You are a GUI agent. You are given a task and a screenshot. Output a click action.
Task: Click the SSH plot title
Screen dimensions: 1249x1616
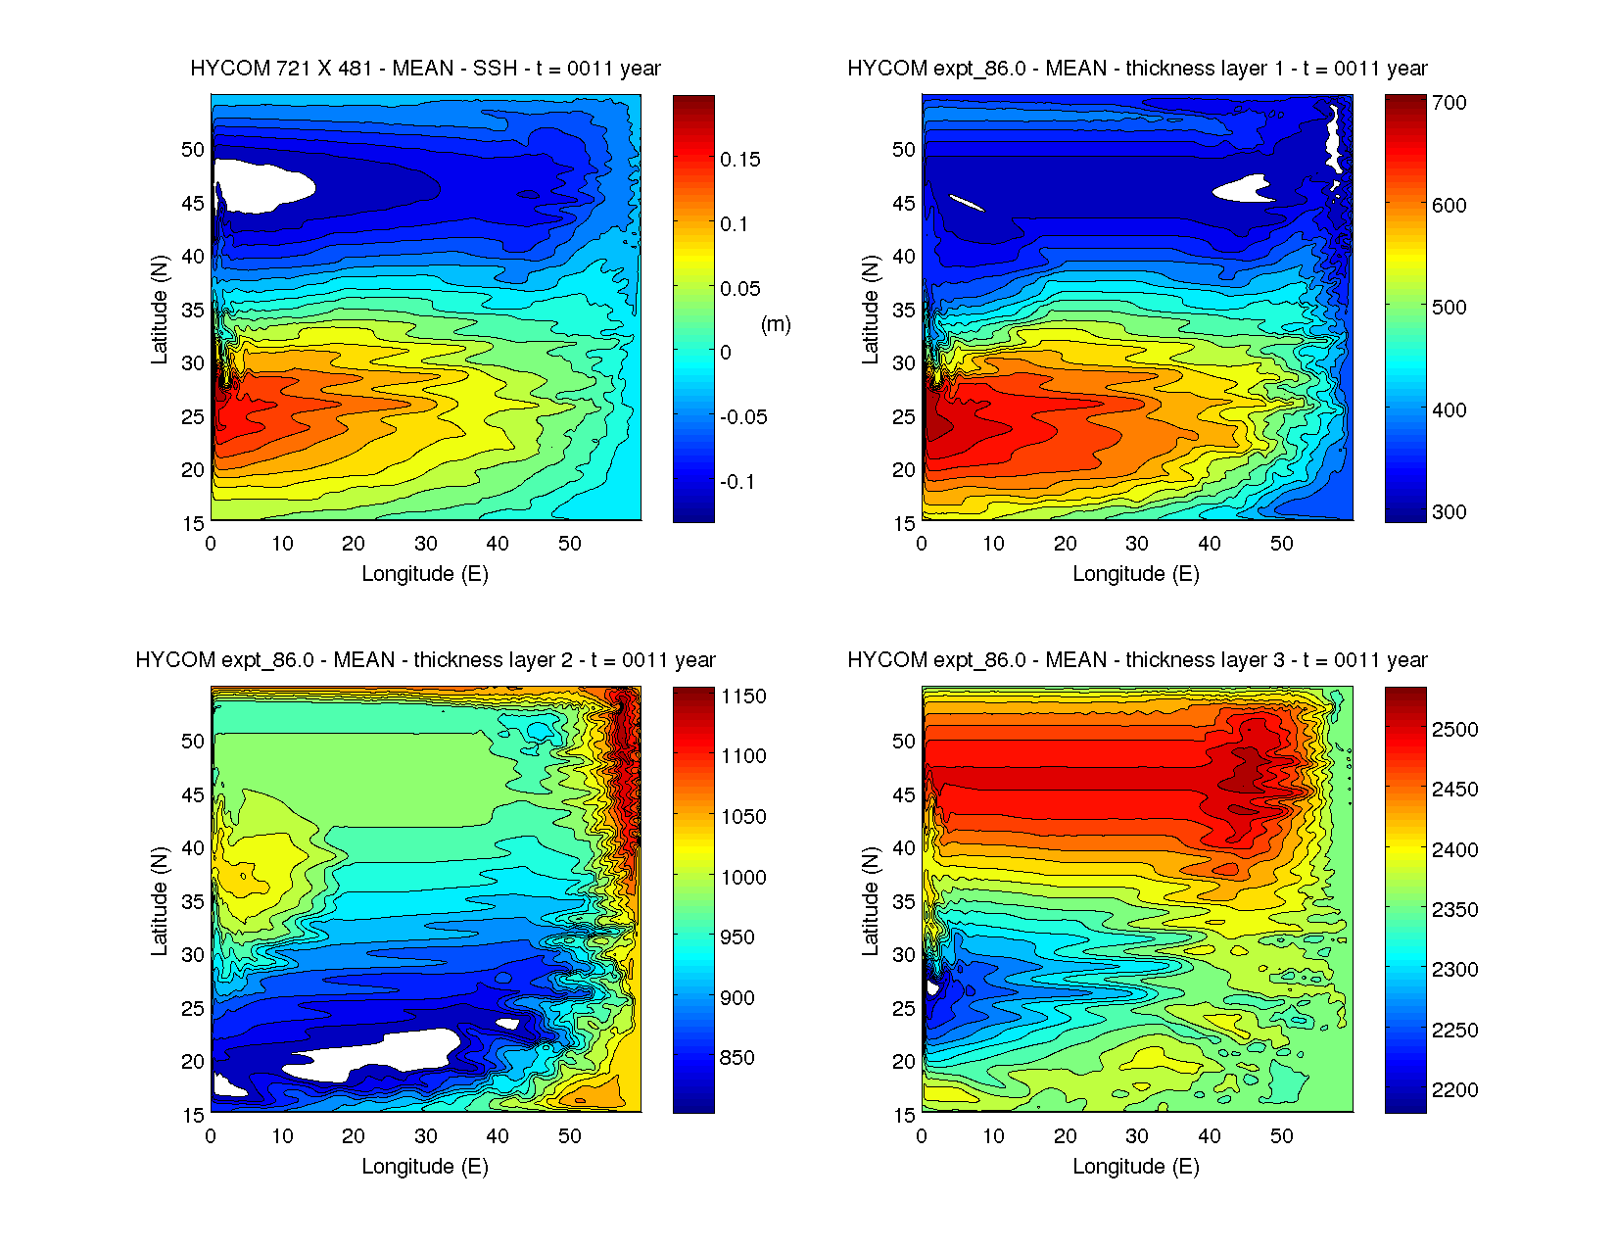pos(425,69)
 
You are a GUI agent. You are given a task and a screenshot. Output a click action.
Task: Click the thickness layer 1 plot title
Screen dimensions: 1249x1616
pos(1137,69)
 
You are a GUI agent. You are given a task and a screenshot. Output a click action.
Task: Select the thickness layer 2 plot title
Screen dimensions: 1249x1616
pos(425,660)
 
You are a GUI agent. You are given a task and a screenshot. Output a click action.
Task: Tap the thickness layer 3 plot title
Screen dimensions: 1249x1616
pos(1137,660)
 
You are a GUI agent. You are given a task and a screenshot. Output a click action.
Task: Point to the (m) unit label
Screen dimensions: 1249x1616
pos(776,324)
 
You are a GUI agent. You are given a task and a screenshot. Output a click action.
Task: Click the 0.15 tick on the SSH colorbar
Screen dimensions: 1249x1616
pos(739,160)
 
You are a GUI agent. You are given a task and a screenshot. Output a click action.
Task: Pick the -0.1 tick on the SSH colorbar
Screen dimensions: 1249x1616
pos(737,482)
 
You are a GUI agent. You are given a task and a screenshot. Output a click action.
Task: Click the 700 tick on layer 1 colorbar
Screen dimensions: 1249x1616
pos(1449,103)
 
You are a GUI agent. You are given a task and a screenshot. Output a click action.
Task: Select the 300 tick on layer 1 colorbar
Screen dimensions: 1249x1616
pos(1449,512)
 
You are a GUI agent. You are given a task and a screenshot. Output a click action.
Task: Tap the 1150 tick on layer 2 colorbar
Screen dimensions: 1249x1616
pos(743,697)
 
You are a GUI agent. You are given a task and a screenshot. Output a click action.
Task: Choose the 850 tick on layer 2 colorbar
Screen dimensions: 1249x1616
pos(737,1058)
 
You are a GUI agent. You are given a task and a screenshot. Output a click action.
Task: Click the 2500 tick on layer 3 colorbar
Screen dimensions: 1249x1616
pos(1454,730)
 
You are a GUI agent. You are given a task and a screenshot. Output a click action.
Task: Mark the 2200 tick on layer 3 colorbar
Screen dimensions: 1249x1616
pos(1454,1090)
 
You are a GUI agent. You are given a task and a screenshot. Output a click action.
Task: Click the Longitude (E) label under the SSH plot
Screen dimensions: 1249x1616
pos(425,574)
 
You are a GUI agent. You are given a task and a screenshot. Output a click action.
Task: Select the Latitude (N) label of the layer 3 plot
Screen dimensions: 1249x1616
pos(870,901)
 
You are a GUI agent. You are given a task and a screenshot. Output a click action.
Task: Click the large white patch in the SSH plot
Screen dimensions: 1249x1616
pos(262,184)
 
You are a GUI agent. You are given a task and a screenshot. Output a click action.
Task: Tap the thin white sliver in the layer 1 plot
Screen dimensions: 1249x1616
pos(967,203)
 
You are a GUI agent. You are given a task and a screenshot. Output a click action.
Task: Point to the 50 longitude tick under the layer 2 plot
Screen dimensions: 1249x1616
pos(569,1136)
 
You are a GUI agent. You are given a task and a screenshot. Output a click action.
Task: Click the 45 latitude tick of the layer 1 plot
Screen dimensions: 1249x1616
pos(903,204)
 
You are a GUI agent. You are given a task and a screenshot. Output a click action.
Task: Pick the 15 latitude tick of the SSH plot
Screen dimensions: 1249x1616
pos(193,523)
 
